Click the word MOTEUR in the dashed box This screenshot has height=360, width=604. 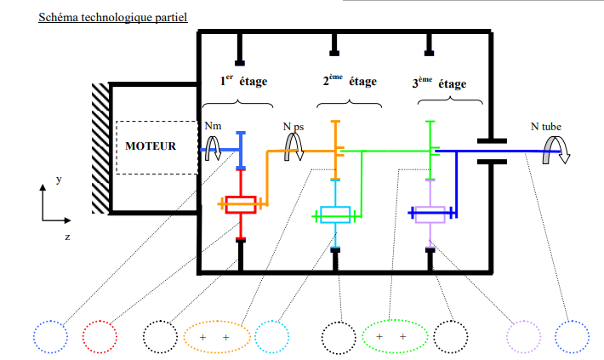pyautogui.click(x=151, y=146)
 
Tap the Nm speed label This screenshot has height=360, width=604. pyautogui.click(x=213, y=126)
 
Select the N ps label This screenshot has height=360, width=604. pyautogui.click(x=293, y=127)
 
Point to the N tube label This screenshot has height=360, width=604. pyautogui.click(x=546, y=127)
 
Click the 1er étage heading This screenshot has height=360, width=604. pyautogui.click(x=243, y=80)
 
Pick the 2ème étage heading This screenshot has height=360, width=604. pyautogui.click(x=350, y=80)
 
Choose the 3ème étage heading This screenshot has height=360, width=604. pyautogui.click(x=439, y=83)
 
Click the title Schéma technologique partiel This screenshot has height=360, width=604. pyautogui.click(x=113, y=17)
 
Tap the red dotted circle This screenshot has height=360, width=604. pyautogui.click(x=100, y=336)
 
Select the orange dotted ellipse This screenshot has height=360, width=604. pyautogui.click(x=217, y=337)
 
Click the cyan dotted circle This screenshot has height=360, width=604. pyautogui.click(x=272, y=336)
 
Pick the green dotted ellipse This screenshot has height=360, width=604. pyautogui.click(x=395, y=336)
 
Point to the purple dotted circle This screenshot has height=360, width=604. pyautogui.click(x=523, y=336)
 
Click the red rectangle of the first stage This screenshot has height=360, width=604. pyautogui.click(x=241, y=204)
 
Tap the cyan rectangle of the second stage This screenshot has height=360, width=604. pyautogui.click(x=335, y=214)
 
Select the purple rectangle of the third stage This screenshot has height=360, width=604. pyautogui.click(x=430, y=214)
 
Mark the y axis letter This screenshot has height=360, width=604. pyautogui.click(x=59, y=180)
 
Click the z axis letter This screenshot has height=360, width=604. pyautogui.click(x=67, y=237)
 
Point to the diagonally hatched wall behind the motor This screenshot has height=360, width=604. pyautogui.click(x=100, y=148)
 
